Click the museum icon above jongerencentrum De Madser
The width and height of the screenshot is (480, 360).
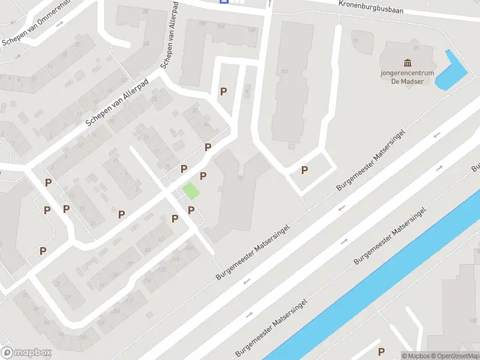[408, 63]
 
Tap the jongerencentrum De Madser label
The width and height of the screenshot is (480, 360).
[408, 77]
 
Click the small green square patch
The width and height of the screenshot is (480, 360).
[190, 191]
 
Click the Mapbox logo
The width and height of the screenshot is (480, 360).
[26, 353]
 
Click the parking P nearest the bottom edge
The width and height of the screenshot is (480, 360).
[380, 352]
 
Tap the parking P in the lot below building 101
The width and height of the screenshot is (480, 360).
[304, 170]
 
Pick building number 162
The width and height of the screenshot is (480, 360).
[220, 26]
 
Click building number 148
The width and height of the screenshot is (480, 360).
[251, 29]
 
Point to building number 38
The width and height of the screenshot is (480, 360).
[145, 12]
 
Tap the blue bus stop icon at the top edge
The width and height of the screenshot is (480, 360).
[224, 2]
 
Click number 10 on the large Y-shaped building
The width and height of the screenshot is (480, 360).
[240, 178]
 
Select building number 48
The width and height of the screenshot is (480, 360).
[146, 44]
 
